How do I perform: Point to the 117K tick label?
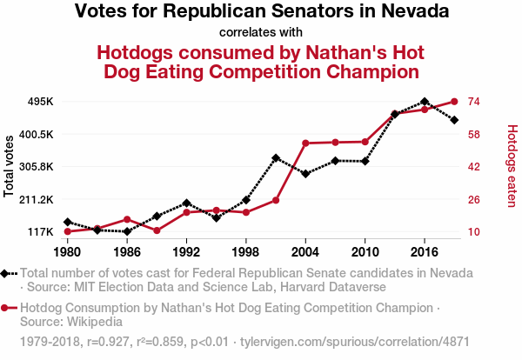click(40, 231)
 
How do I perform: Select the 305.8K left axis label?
click(36, 166)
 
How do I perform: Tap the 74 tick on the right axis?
click(475, 102)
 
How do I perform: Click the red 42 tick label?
click(475, 166)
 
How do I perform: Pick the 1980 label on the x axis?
click(67, 251)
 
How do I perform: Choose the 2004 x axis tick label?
click(305, 251)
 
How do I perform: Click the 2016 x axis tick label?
click(424, 251)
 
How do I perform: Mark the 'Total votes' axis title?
click(10, 166)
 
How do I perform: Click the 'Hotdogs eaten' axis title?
click(512, 166)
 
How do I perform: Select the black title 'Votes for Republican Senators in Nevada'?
click(261, 12)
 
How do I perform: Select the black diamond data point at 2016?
click(424, 102)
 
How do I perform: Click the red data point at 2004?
click(305, 143)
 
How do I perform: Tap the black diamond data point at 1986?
click(127, 231)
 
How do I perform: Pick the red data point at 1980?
click(67, 231)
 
